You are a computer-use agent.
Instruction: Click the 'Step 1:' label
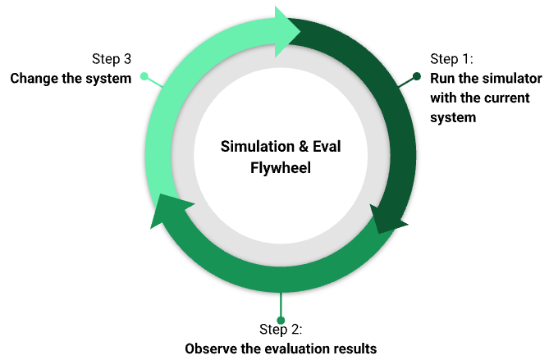451,59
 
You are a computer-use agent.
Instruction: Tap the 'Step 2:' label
281,329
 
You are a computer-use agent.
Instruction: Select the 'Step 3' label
112,59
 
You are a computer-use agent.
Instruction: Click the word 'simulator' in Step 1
514,79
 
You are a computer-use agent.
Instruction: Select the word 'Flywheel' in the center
281,167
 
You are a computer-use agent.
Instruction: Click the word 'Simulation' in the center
258,146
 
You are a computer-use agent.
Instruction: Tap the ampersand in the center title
303,147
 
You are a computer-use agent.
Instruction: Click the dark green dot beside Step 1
417,76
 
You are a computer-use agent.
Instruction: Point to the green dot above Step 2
281,320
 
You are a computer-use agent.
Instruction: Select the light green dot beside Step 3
144,76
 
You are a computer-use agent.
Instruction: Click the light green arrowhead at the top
286,31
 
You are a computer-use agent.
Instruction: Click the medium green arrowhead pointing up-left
167,210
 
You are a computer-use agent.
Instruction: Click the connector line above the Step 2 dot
281,304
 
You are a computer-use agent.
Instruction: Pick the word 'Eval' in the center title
327,146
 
